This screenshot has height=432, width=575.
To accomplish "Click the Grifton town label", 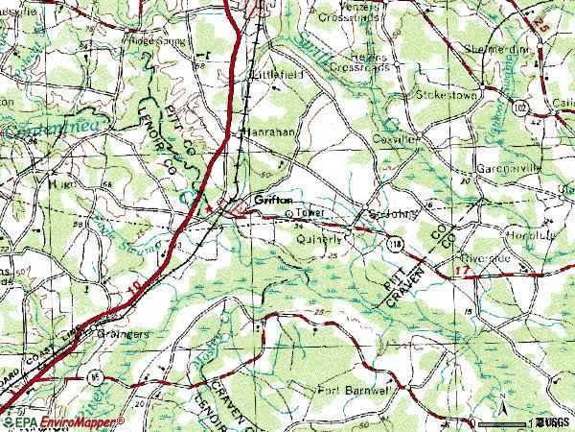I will [x=273, y=202].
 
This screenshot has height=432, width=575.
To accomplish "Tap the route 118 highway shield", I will [x=396, y=246].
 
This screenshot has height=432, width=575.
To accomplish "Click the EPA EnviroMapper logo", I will [x=62, y=421].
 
